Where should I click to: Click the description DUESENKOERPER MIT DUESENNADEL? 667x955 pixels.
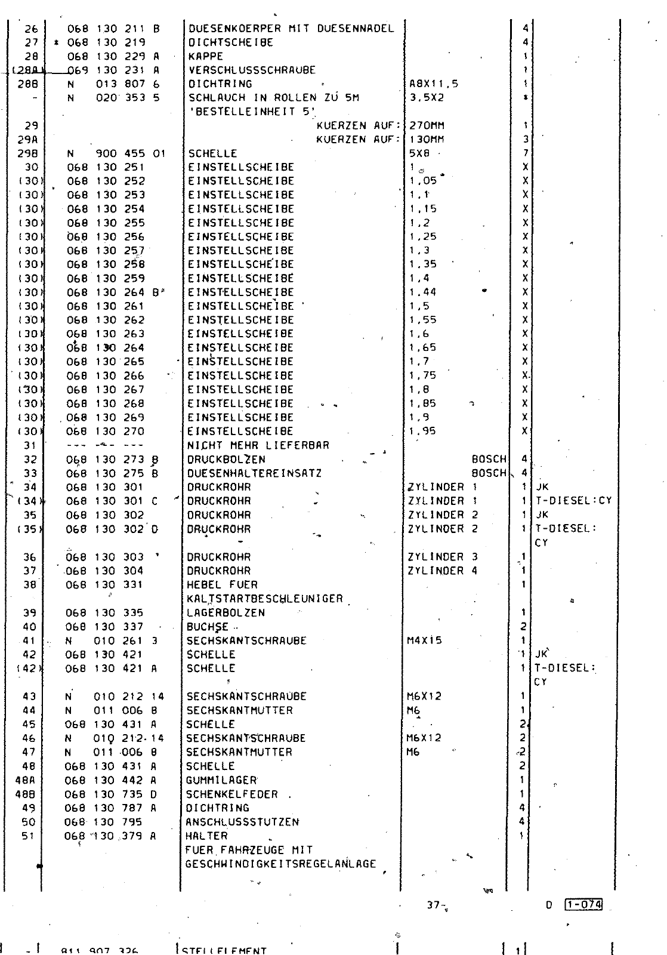pyautogui.click(x=291, y=28)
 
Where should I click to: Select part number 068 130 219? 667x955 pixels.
pyautogui.click(x=106, y=42)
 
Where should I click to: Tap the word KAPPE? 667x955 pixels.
pyautogui.click(x=205, y=56)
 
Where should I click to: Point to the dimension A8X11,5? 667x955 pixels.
pyautogui.click(x=434, y=84)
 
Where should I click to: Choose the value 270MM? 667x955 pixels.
pyautogui.click(x=427, y=126)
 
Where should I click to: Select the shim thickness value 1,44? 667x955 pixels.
pyautogui.click(x=423, y=292)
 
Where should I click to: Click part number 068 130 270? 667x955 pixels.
pyautogui.click(x=106, y=431)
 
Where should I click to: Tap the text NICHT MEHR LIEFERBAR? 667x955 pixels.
pyautogui.click(x=258, y=445)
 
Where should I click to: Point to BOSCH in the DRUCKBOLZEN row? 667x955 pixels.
pyautogui.click(x=489, y=460)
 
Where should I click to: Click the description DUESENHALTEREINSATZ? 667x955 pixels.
pyautogui.click(x=254, y=473)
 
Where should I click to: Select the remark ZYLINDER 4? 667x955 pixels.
pyautogui.click(x=443, y=571)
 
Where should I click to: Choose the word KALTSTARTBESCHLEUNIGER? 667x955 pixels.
pyautogui.click(x=265, y=599)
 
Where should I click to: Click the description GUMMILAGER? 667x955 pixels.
pyautogui.click(x=221, y=780)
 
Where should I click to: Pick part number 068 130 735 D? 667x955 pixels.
pyautogui.click(x=110, y=794)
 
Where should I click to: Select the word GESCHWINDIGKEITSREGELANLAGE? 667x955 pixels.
pyautogui.click(x=280, y=864)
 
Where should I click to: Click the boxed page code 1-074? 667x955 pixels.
pyautogui.click(x=583, y=905)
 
